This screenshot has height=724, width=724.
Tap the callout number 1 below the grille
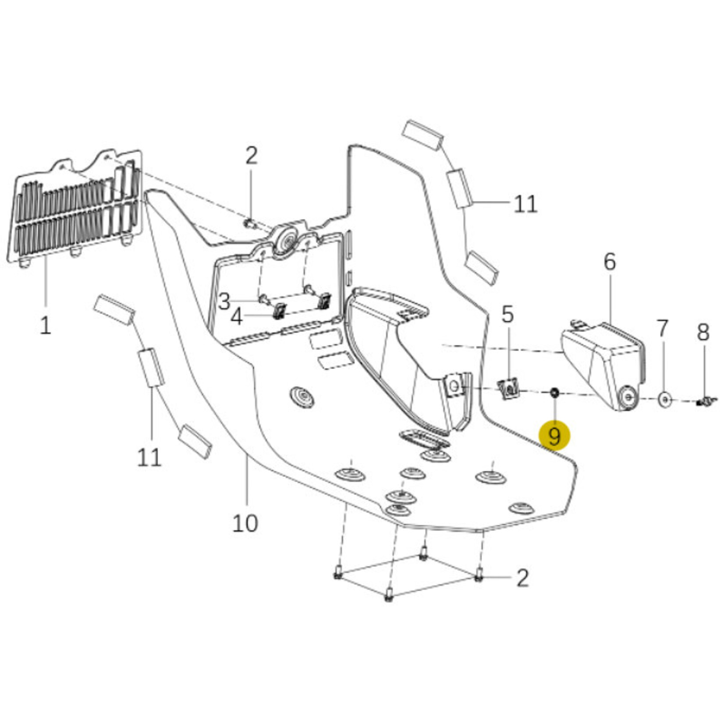pyautogui.click(x=46, y=325)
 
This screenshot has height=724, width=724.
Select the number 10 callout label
pyautogui.click(x=245, y=522)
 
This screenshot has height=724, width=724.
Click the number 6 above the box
pyautogui.click(x=610, y=262)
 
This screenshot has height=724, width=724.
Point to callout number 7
pyautogui.click(x=662, y=329)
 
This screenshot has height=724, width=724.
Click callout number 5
pyautogui.click(x=508, y=315)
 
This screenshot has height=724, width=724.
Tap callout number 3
pyautogui.click(x=224, y=302)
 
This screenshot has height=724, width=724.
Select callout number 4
pyautogui.click(x=237, y=316)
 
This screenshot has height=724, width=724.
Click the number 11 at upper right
pyautogui.click(x=525, y=204)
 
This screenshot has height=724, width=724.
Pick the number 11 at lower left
pyautogui.click(x=149, y=458)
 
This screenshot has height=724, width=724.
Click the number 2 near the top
pyautogui.click(x=251, y=156)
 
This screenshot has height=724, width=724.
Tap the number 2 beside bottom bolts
pyautogui.click(x=522, y=578)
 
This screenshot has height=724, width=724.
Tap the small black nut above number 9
pyautogui.click(x=554, y=392)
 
